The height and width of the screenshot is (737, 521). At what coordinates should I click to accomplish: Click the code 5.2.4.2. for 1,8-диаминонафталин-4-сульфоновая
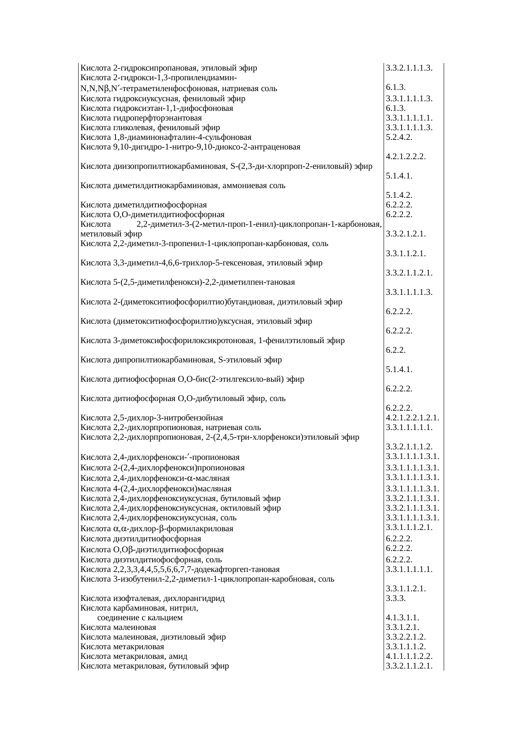click(399, 137)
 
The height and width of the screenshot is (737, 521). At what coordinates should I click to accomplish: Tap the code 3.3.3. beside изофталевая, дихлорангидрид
click(396, 598)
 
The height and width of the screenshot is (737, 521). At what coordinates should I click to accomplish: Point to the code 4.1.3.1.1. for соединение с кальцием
click(403, 618)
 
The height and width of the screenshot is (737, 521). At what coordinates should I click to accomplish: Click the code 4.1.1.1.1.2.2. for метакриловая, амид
click(409, 656)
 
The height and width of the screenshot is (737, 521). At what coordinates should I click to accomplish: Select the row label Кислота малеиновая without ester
click(118, 627)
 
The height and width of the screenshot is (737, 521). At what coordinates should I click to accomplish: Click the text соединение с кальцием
click(140, 618)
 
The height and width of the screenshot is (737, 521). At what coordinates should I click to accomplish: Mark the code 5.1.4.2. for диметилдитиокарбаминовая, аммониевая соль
click(399, 195)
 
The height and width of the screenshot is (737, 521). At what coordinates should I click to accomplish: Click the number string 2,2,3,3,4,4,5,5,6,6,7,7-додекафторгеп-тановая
click(196, 570)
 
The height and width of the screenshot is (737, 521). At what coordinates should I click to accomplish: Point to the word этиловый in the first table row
click(215, 68)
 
